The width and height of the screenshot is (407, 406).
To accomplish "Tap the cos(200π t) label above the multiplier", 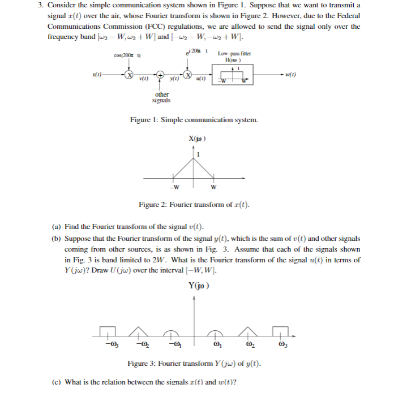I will [x=127, y=55].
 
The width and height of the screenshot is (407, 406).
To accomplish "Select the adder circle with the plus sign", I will [x=161, y=75].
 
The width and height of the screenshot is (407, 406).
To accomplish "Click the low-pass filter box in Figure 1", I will [x=233, y=75].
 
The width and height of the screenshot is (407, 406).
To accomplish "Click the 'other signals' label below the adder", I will [x=161, y=97].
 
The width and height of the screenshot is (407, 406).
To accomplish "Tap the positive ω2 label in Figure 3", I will [x=247, y=344].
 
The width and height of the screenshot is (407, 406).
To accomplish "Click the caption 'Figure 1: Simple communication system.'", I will [x=194, y=120].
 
